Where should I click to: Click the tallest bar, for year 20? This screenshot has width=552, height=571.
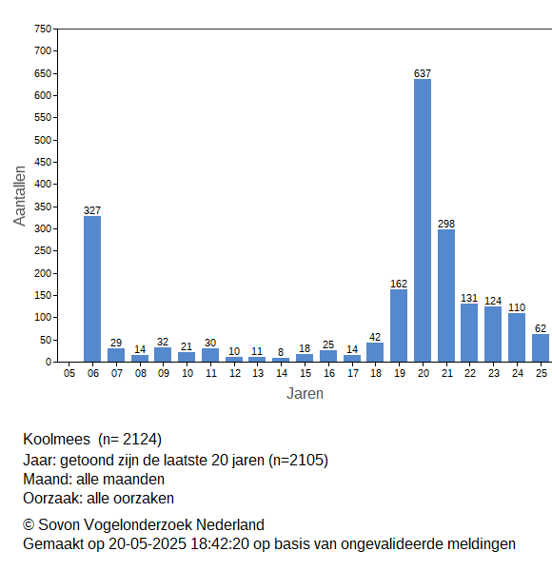click(423, 221)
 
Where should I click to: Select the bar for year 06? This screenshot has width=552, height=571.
click(92, 289)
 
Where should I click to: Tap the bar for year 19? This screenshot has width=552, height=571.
click(399, 325)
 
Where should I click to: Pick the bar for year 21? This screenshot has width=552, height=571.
click(446, 296)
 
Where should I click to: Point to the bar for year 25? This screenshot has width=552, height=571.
click(541, 348)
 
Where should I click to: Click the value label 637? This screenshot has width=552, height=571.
click(423, 73)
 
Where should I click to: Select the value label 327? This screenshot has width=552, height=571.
click(92, 210)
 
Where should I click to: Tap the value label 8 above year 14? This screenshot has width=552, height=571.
click(281, 352)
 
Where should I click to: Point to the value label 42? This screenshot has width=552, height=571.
click(375, 337)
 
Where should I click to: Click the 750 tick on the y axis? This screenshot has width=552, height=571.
click(43, 29)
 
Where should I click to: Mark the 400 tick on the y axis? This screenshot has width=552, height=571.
click(43, 184)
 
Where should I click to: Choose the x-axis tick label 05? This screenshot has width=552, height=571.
click(69, 373)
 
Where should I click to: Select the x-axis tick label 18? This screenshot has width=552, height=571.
click(376, 373)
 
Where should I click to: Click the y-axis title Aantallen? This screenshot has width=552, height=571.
click(19, 196)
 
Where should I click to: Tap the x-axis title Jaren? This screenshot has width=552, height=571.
click(305, 394)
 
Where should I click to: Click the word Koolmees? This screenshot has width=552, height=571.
click(56, 439)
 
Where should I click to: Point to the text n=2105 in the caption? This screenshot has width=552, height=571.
click(298, 461)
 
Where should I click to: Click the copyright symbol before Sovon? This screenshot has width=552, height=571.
click(29, 525)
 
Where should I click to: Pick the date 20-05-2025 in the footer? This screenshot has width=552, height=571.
click(148, 544)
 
